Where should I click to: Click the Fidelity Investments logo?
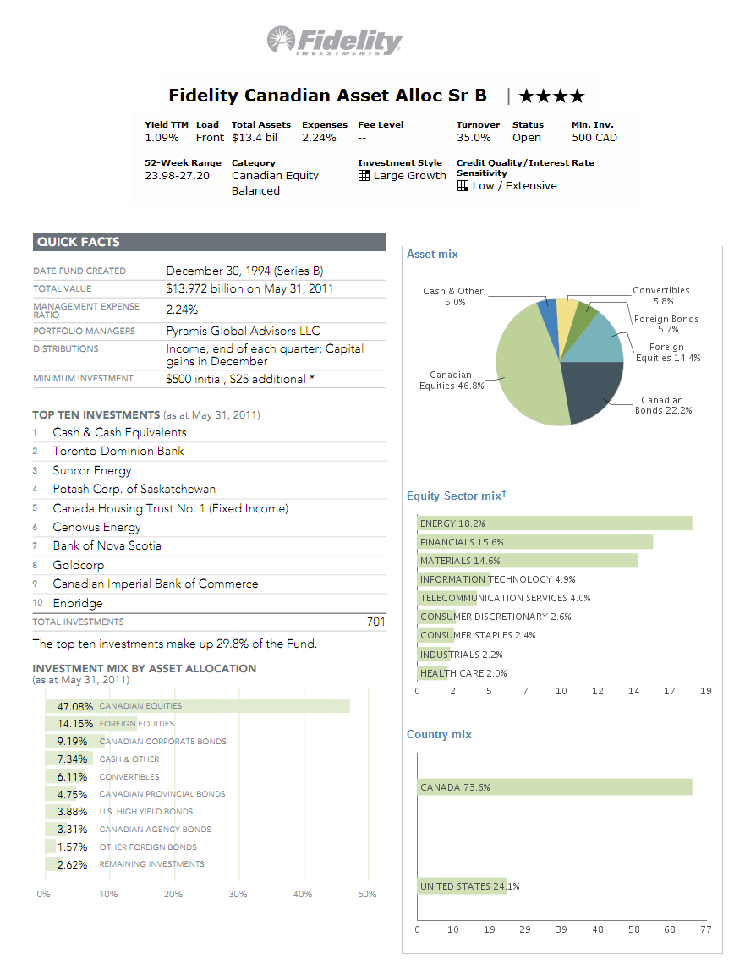click(336, 40)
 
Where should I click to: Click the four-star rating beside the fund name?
click(551, 96)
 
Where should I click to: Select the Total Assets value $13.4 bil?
click(255, 137)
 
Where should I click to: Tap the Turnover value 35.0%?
click(474, 137)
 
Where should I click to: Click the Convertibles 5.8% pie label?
click(662, 295)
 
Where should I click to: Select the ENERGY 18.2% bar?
click(554, 523)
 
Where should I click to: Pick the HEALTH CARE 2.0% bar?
click(433, 673)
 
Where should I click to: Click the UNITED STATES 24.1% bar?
click(462, 886)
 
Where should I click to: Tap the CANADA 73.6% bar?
click(554, 787)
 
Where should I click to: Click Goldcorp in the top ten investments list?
click(78, 565)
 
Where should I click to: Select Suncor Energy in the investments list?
click(92, 470)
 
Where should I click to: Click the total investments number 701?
click(375, 622)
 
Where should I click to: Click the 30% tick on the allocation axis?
click(238, 894)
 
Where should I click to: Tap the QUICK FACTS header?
click(78, 242)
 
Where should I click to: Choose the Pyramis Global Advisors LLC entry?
click(243, 331)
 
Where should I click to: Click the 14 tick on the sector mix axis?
click(634, 691)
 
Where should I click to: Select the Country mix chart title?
click(439, 734)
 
